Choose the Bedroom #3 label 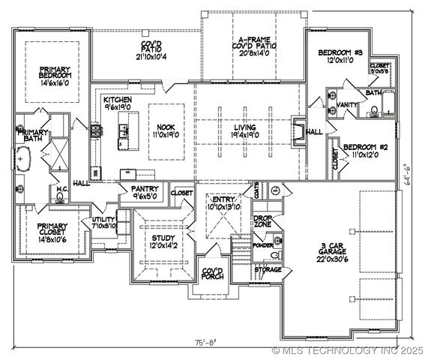340,57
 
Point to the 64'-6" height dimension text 406,175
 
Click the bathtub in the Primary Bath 22,160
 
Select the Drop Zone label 262,221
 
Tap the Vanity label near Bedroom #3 347,104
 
